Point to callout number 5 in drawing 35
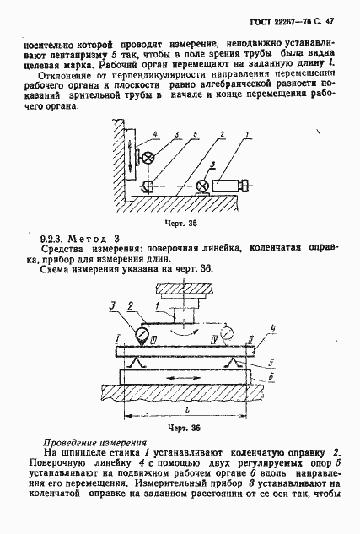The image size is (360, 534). point(175,135)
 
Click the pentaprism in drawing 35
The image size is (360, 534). point(148,186)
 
